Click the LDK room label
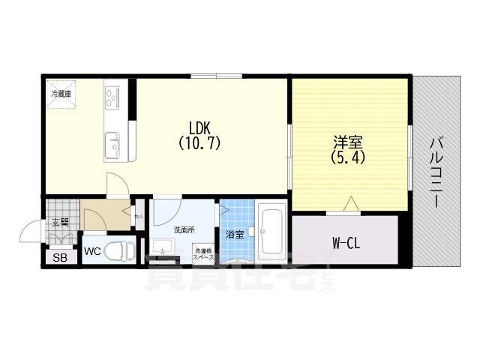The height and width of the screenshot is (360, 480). (199, 127)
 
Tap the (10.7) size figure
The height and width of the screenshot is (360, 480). (199, 140)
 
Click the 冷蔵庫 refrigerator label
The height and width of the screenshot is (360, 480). (61, 94)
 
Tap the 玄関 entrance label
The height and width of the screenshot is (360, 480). (61, 222)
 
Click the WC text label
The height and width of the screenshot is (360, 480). (92, 251)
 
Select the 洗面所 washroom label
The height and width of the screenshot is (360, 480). (183, 229)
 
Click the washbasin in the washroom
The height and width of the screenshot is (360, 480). (164, 248)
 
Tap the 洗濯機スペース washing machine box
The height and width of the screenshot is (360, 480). (203, 254)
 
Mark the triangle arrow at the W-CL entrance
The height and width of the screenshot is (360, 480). (350, 202)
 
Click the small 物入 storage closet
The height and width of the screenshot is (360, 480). (139, 217)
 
